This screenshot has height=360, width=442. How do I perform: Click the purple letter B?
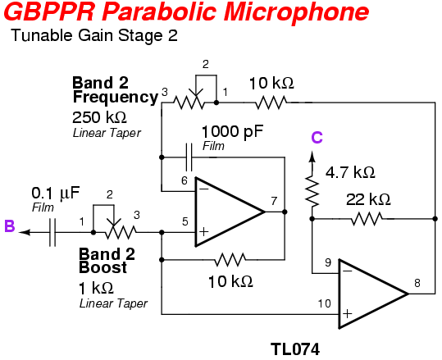[10, 226]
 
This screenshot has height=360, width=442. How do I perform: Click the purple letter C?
[317, 138]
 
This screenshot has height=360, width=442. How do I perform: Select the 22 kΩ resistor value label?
[368, 199]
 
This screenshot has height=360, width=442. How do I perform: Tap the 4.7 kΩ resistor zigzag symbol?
[312, 191]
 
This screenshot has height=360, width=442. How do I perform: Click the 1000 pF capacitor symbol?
[189, 157]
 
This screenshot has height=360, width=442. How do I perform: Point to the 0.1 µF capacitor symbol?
[52, 232]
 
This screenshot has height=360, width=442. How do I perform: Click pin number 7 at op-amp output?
[274, 201]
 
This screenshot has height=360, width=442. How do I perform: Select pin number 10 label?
[324, 303]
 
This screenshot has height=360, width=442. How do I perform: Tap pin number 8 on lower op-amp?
[417, 283]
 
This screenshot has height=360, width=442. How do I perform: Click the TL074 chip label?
[295, 349]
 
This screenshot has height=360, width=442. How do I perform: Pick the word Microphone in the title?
[297, 11]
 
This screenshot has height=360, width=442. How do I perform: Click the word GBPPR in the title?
[49, 11]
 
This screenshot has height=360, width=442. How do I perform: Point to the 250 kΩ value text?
[99, 117]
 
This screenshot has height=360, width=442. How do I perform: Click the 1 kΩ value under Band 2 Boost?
[96, 288]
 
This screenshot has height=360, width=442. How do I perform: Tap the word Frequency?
[116, 98]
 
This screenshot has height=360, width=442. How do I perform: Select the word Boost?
[103, 267]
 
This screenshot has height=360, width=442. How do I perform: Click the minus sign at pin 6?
[204, 189]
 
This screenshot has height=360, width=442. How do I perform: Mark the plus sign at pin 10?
[348, 314]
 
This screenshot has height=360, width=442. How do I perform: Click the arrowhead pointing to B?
[25, 232]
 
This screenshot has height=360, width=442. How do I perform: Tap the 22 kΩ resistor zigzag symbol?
[367, 218]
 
